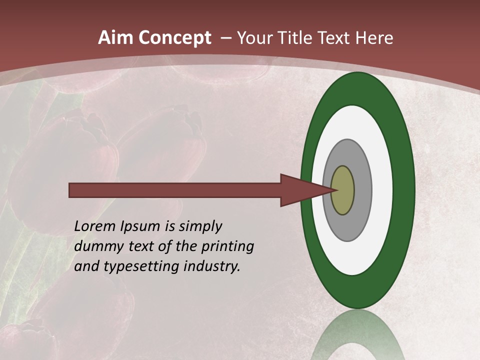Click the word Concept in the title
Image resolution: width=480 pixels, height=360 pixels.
[175, 38]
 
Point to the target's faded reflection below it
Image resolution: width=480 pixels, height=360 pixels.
[357, 335]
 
